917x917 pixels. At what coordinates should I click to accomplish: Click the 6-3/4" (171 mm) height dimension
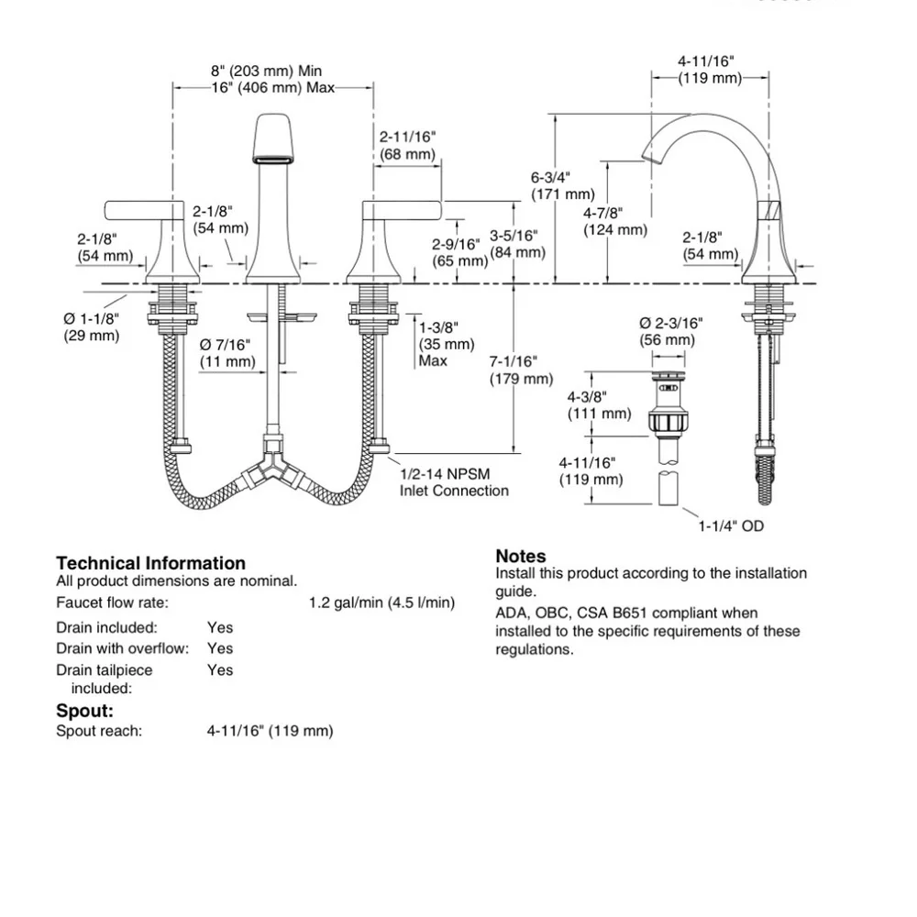coord(563,185)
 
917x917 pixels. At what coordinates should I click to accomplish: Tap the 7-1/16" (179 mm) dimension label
coord(521,370)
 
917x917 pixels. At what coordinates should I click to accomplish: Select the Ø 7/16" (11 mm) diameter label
coord(227,353)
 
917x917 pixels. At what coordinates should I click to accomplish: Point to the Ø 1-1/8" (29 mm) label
coord(91,327)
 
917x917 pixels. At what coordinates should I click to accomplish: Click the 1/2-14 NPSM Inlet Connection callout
coord(454,482)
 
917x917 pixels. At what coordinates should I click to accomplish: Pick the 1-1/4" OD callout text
coord(731,526)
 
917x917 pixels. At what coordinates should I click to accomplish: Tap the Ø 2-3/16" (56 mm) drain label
coord(671,332)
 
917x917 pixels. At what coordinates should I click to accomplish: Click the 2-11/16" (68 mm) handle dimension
coord(408,146)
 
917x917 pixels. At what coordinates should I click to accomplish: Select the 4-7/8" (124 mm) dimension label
coord(615,221)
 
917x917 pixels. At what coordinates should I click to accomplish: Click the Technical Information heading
coord(151,563)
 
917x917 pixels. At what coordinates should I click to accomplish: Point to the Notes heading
coord(521,557)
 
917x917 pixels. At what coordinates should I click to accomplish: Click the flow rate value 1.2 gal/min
coord(346,602)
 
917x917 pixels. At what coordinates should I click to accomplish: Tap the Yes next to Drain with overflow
coord(220,648)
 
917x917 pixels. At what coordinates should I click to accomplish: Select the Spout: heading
coord(84,712)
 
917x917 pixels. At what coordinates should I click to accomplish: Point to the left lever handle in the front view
coord(145,210)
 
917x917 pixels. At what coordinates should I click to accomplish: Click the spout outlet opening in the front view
coord(272,159)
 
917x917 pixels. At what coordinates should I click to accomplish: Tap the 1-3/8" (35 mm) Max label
coord(447,344)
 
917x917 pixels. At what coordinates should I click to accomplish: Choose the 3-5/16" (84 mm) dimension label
coord(517,244)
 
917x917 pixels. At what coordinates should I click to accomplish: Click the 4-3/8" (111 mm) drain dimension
coord(600,405)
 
